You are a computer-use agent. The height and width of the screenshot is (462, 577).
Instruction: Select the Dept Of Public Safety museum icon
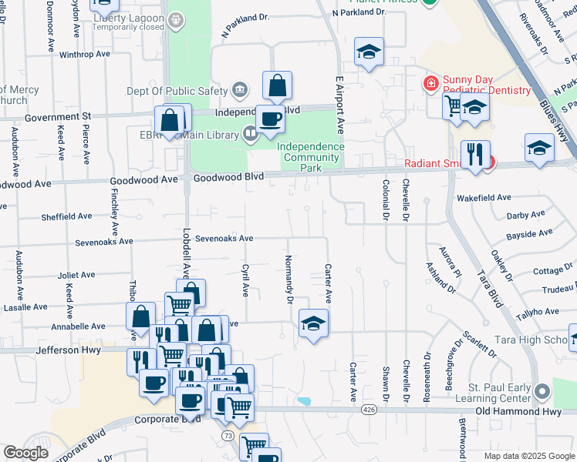pos(240,90)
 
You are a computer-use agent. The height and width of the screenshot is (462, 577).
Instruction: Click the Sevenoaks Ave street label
pos(224,239)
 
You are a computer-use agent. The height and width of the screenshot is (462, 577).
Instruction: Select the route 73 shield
pos(228,435)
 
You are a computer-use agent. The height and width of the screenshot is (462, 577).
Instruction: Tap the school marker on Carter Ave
pos(314,324)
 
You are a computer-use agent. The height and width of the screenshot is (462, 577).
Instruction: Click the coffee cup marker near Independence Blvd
pos(270,119)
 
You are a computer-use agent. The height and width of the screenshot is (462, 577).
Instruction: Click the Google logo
pos(25,453)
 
